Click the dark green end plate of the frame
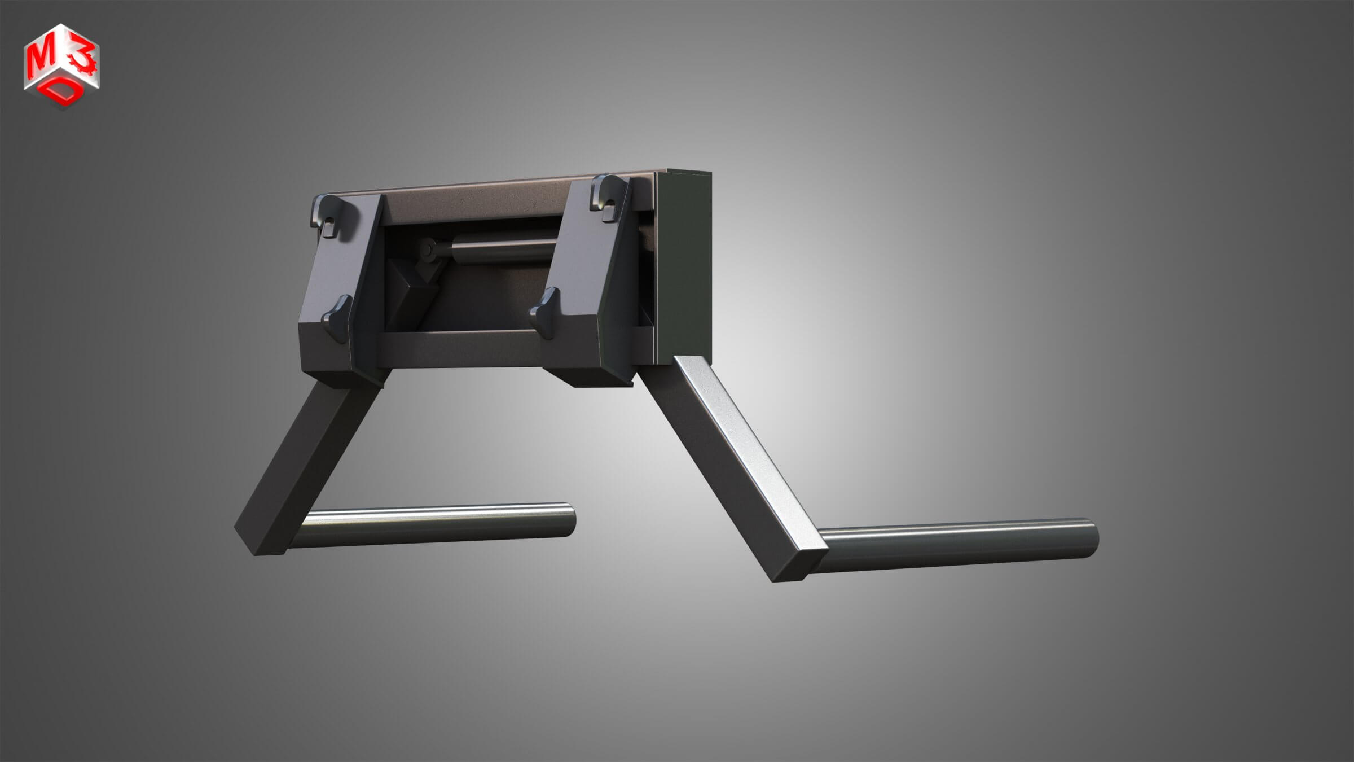[683, 265]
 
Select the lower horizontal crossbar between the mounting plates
[460, 347]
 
